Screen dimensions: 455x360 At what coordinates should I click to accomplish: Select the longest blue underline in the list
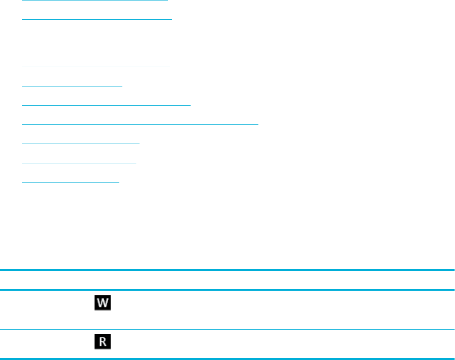coord(141,123)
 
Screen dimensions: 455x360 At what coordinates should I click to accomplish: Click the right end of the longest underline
coord(258,123)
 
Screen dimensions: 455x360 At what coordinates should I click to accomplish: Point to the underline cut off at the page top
coord(95,1)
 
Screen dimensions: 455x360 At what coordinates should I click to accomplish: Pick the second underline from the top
coord(97,19)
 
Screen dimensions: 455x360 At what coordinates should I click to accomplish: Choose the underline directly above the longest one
coord(106,105)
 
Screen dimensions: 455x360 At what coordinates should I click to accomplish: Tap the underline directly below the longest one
coord(81,144)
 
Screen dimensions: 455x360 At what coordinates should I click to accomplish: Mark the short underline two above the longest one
coord(72,85)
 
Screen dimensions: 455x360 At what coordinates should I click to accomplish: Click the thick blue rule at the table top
coord(227,271)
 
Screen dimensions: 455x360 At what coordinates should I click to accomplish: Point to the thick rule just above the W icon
coord(227,290)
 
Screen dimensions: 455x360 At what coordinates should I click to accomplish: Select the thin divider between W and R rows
coord(227,330)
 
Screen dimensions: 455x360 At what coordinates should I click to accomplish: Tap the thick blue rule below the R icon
coord(227,359)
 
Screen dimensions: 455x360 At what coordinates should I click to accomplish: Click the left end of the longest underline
coord(23,123)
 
